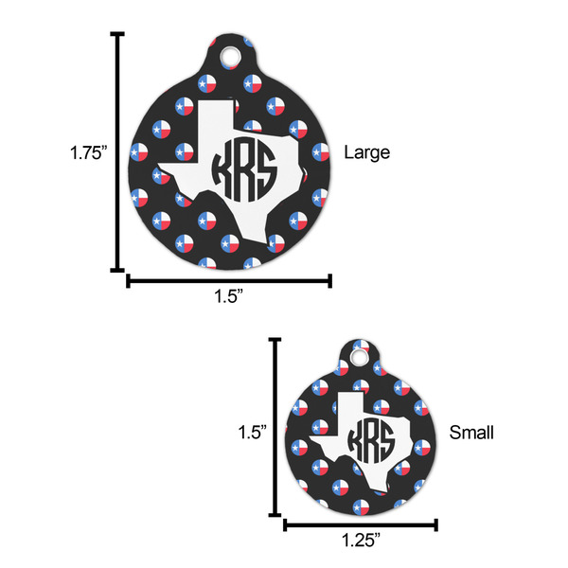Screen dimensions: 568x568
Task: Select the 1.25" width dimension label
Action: [360, 541]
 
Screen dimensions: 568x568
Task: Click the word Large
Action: [366, 151]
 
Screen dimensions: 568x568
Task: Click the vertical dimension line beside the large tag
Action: [118, 151]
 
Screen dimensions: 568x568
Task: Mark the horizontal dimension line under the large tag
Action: [228, 280]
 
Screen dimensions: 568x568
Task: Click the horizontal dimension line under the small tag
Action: [360, 524]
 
